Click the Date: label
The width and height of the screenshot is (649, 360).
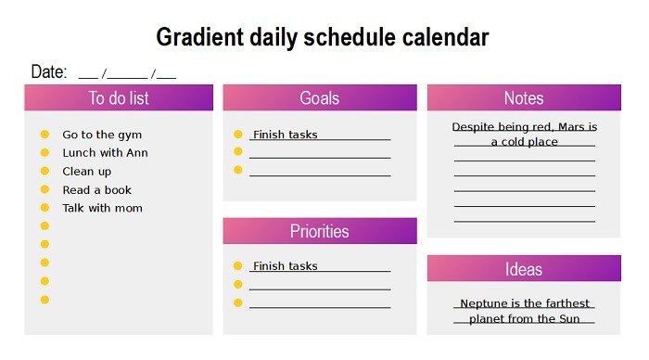48,72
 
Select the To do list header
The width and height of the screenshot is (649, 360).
119,98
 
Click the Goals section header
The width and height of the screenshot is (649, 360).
319,98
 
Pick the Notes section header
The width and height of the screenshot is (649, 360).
524,98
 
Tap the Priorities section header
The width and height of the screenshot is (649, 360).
319,231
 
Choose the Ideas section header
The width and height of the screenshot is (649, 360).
524,269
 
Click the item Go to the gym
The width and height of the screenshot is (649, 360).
102,135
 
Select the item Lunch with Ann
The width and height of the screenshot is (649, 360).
105,153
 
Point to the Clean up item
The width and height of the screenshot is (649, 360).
86,172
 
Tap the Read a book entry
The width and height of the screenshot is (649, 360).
97,190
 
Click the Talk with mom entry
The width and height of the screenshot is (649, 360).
102,209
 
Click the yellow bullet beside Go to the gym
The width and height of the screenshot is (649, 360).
45,135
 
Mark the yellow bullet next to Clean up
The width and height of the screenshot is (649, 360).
45,172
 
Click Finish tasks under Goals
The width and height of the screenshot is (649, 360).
286,135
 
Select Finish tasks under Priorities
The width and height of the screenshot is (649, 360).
286,266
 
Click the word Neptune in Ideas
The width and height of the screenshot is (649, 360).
483,304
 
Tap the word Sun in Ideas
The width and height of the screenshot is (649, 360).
569,319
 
